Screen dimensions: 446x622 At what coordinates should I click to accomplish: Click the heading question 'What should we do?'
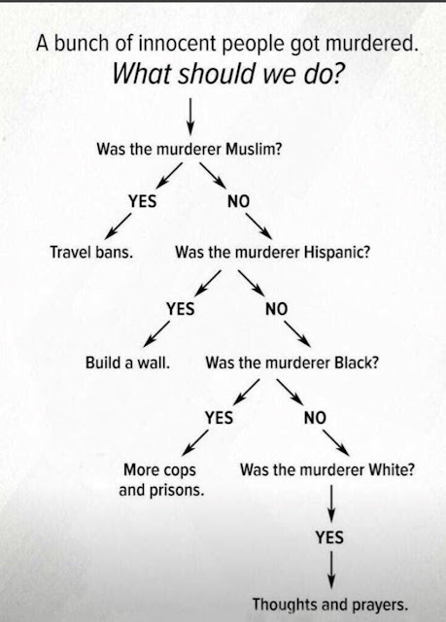pyautogui.click(x=227, y=73)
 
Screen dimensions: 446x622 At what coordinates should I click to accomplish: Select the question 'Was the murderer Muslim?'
pyautogui.click(x=189, y=150)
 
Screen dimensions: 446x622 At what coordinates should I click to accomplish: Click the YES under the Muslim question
pyautogui.click(x=142, y=201)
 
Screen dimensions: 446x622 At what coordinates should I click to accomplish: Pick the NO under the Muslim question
pyautogui.click(x=238, y=201)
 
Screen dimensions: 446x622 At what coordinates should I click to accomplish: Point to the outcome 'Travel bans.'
pyautogui.click(x=91, y=252)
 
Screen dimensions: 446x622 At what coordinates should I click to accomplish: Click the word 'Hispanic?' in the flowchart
pyautogui.click(x=337, y=253)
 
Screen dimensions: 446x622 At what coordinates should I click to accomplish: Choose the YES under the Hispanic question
pyautogui.click(x=181, y=309)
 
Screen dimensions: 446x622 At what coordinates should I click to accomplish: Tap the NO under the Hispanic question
pyautogui.click(x=276, y=309)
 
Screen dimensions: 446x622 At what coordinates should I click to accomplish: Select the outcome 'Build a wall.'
pyautogui.click(x=127, y=363)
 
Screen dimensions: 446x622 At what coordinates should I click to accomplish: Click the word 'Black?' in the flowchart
pyautogui.click(x=357, y=363)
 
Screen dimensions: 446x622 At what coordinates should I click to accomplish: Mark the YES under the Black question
pyautogui.click(x=219, y=417)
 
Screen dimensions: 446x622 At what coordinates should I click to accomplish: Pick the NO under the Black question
pyautogui.click(x=315, y=417)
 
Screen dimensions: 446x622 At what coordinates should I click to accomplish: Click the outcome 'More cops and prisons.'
pyautogui.click(x=161, y=480)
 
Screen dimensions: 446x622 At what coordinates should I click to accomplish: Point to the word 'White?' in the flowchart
pyautogui.click(x=392, y=470)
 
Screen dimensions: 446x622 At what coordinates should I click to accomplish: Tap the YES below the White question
pyautogui.click(x=329, y=537)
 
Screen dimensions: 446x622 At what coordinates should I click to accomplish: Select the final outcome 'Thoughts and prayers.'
pyautogui.click(x=330, y=605)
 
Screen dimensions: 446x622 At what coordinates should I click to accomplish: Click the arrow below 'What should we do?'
pyautogui.click(x=190, y=117)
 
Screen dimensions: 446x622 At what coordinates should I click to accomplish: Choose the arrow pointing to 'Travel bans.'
pyautogui.click(x=119, y=226)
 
